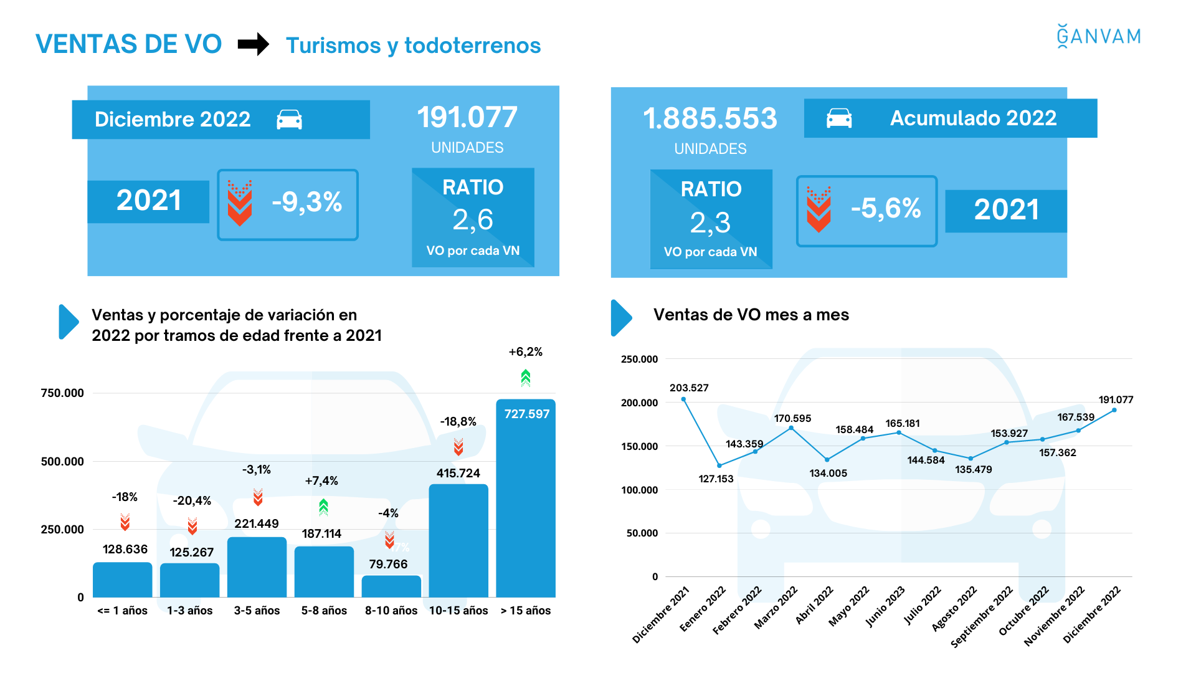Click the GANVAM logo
[1099, 36]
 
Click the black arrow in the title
[254, 44]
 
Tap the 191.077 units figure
[467, 117]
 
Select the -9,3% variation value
[306, 202]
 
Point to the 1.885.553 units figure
[710, 118]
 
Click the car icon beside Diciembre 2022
[289, 120]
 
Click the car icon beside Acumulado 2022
[839, 118]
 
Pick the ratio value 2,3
[710, 223]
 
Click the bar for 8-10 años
[391, 586]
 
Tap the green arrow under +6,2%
[526, 377]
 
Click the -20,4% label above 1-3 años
[192, 500]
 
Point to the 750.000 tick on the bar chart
[62, 393]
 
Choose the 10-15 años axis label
[458, 611]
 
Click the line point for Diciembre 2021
[683, 399]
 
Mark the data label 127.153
[716, 479]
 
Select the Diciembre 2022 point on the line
[1114, 410]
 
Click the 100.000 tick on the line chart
[639, 490]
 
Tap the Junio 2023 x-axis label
[886, 606]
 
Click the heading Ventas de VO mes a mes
[751, 315]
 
